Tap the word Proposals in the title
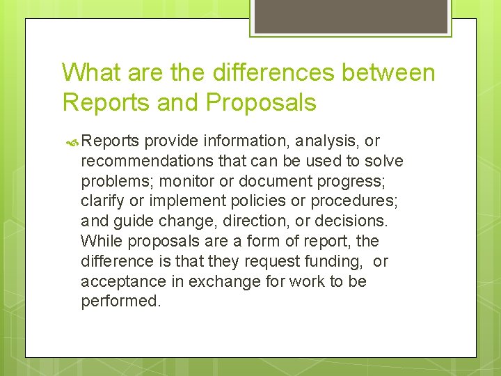pyautogui.click(x=261, y=102)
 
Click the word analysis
pyautogui.click(x=325, y=141)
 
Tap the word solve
pyautogui.click(x=383, y=162)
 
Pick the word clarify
pyautogui.click(x=102, y=202)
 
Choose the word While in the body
pyautogui.click(x=100, y=242)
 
